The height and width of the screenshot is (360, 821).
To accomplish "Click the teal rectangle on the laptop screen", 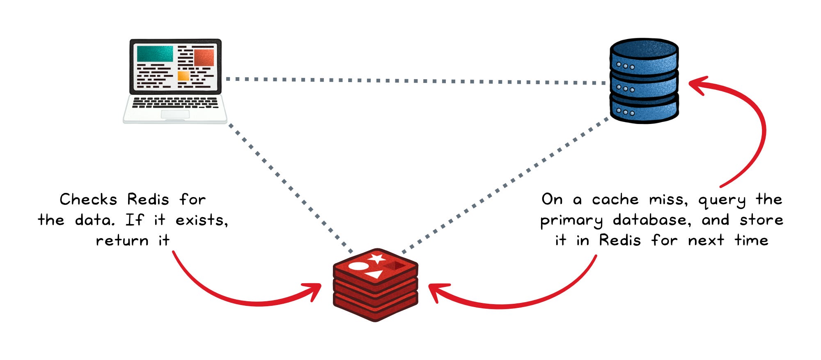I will [155, 54].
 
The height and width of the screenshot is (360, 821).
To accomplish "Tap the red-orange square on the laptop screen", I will [204, 57].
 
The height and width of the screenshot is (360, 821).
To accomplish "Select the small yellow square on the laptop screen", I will [183, 76].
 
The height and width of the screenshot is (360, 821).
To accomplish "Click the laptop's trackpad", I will [175, 114].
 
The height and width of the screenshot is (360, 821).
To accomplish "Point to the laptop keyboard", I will [175, 102].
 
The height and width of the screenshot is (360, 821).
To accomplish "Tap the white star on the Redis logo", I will [376, 259].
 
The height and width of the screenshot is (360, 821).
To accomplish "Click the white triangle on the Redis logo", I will [375, 274].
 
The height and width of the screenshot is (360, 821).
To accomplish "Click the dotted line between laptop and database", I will [410, 81].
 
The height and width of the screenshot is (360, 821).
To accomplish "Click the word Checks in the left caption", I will [88, 199].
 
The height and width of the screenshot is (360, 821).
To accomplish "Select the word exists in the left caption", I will [201, 220].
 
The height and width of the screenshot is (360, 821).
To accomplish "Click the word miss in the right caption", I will [668, 200].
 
